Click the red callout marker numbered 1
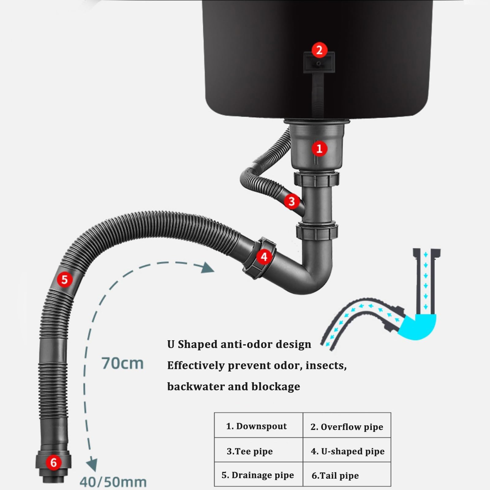[x=319, y=149]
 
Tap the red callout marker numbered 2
[x=319, y=50]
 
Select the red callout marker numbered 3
[x=292, y=202]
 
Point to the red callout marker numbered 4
[x=264, y=257]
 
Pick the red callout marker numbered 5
[x=65, y=280]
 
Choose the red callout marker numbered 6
[x=54, y=462]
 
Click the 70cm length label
[x=123, y=363]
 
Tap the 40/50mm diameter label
[x=113, y=482]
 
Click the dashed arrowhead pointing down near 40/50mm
[x=92, y=465]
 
